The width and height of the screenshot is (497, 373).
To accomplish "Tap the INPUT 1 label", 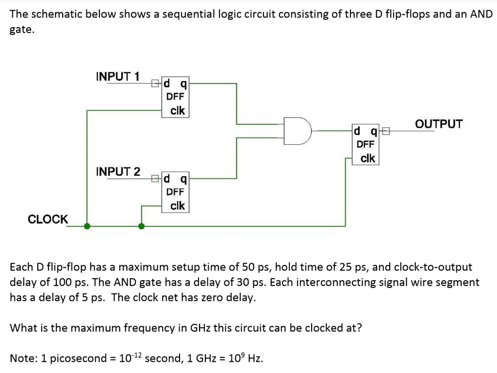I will [x=117, y=76].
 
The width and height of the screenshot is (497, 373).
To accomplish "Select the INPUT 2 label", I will [x=118, y=171].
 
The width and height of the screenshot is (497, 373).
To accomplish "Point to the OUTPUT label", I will [x=439, y=124].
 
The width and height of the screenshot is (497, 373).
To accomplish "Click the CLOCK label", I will [x=48, y=219].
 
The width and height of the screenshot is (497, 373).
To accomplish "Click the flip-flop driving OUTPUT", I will [x=365, y=144].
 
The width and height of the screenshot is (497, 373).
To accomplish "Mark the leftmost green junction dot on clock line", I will [x=87, y=226].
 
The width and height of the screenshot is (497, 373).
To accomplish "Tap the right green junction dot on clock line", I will [x=141, y=226].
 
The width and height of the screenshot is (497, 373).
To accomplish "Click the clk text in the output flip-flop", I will [x=367, y=158].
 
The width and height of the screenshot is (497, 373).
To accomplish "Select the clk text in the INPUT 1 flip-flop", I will [x=177, y=110].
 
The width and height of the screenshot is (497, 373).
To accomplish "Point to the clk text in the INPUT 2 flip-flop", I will [x=177, y=205].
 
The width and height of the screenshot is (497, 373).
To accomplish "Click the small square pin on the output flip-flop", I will [x=386, y=131].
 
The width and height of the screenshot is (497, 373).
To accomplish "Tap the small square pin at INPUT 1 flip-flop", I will [x=155, y=83].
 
